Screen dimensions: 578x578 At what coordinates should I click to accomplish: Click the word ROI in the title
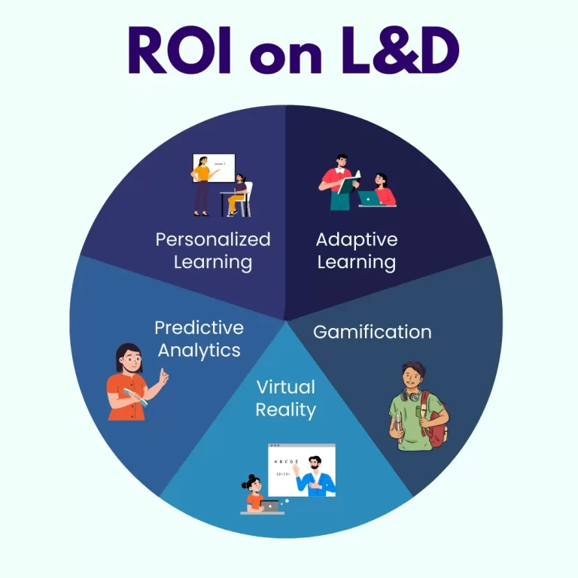[180, 50]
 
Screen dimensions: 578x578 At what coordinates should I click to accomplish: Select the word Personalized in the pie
[212, 239]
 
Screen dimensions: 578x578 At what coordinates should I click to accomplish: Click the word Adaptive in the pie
[357, 239]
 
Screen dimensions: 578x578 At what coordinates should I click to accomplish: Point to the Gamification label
[372, 331]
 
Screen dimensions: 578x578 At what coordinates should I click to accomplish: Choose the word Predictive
[199, 327]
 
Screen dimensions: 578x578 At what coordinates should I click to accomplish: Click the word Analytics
[199, 350]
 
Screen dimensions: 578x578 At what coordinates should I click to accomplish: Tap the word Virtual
[285, 387]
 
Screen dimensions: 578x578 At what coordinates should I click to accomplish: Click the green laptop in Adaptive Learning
[369, 198]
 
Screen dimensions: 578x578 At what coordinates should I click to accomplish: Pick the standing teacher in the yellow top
[201, 184]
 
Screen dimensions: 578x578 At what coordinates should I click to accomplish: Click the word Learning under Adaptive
[357, 262]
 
